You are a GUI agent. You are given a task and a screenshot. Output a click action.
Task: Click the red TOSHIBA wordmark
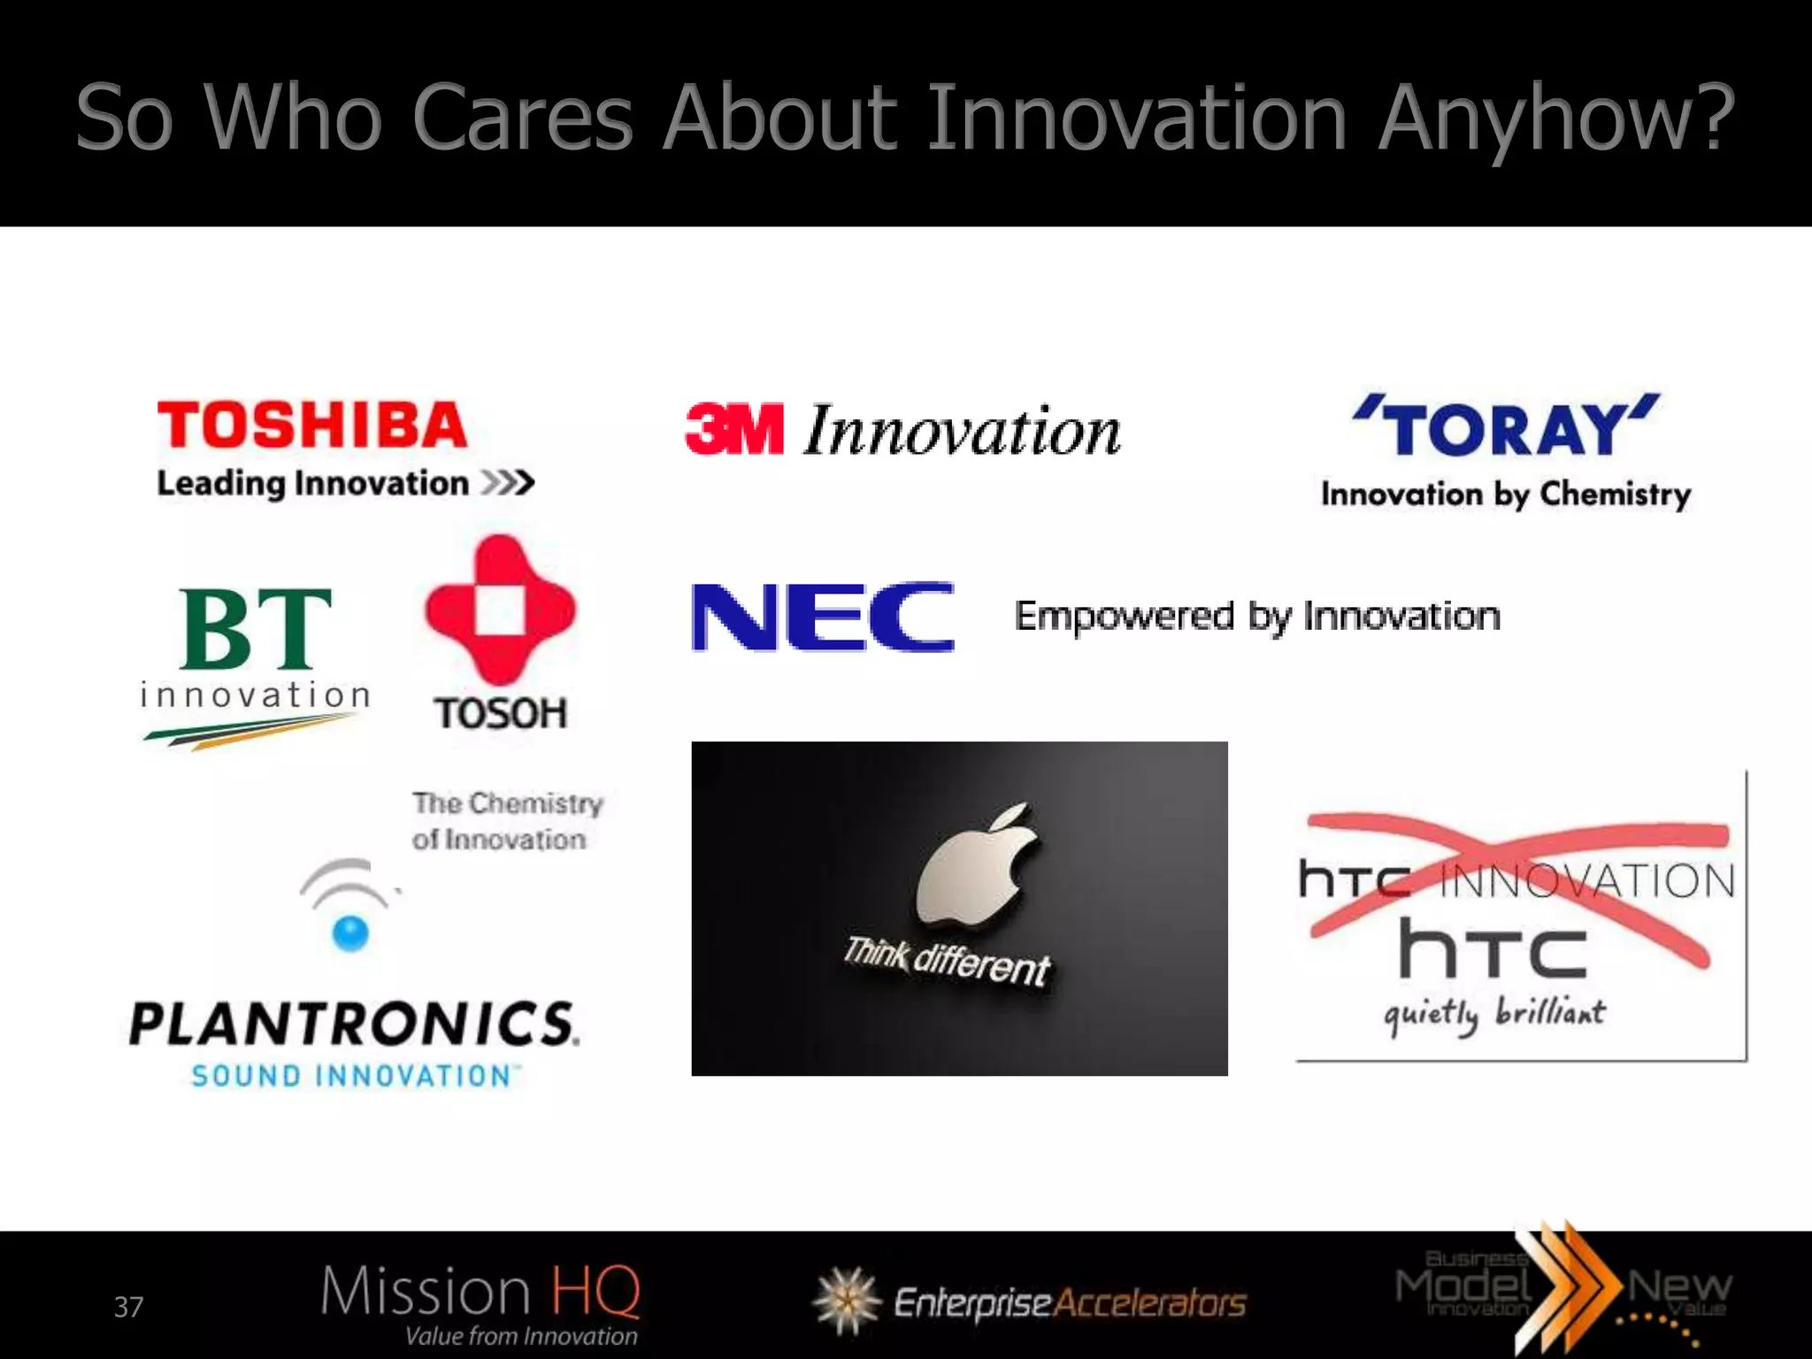[x=311, y=426]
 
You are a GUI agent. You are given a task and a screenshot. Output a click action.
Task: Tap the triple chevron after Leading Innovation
[x=508, y=483]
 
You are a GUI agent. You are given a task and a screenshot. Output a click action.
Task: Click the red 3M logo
[x=734, y=429]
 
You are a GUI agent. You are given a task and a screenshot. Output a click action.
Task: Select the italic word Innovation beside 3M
[x=962, y=431]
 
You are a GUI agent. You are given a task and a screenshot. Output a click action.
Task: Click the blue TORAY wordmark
[x=1505, y=428]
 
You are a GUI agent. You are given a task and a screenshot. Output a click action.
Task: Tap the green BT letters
[x=255, y=629]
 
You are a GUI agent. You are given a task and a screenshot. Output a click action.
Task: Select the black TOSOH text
[x=500, y=714]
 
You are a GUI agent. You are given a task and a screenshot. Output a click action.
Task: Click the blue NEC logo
[x=823, y=617]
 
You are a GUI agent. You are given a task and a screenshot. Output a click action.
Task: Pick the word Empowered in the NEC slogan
[x=1124, y=617]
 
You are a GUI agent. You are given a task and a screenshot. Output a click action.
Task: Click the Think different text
[x=946, y=961]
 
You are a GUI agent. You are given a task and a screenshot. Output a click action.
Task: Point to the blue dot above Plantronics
[x=350, y=932]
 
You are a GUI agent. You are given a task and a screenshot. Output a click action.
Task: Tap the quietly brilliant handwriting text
[x=1494, y=1014]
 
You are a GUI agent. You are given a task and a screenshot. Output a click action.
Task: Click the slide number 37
[x=128, y=1307]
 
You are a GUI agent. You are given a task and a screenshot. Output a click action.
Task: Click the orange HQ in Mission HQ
[x=595, y=1291]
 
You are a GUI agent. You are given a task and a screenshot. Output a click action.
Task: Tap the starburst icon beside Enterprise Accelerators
[x=847, y=1301]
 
